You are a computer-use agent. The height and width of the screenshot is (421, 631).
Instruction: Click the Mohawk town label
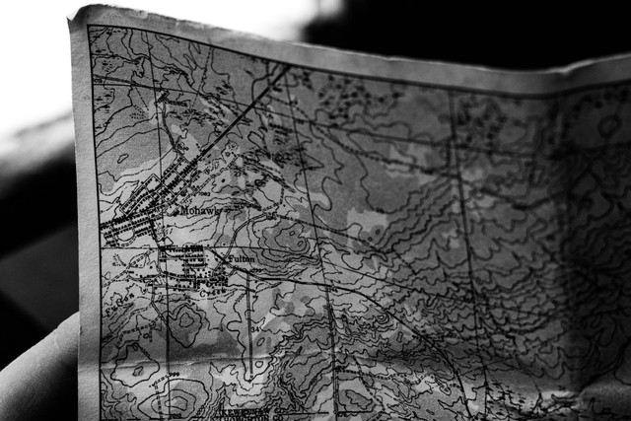[x=201, y=210]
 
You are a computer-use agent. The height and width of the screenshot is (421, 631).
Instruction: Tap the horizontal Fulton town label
[x=242, y=259]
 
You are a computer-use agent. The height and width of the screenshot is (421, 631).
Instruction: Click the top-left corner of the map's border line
[x=90, y=27]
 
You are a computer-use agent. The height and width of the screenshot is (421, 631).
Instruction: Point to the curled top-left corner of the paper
[x=79, y=15]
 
